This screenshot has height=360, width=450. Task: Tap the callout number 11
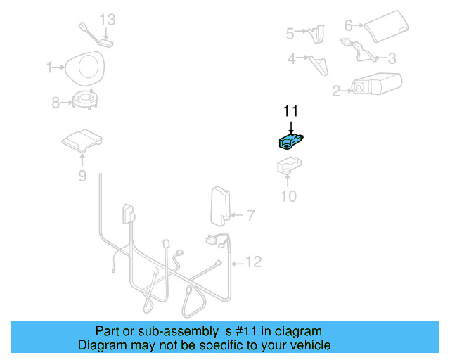290,111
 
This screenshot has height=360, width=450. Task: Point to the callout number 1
50,67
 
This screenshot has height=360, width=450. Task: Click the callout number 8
56,103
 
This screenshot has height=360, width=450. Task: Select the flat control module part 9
82,139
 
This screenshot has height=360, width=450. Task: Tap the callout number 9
82,176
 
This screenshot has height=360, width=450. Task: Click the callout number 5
290,33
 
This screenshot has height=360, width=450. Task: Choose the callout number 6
348,26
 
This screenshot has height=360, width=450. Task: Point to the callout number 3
392,58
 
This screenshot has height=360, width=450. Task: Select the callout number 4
291,59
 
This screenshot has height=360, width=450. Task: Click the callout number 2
336,90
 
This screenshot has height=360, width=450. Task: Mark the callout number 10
289,196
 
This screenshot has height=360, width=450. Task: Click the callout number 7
250,215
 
